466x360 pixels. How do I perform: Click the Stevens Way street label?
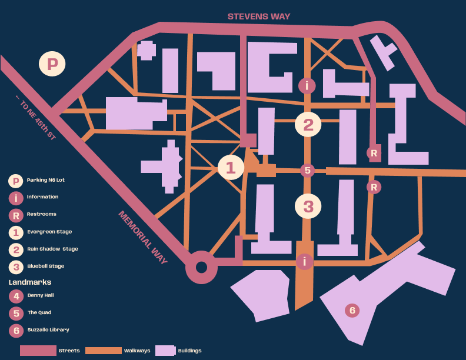pyautogui.click(x=259, y=16)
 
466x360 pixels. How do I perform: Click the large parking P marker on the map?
pyautogui.click(x=52, y=64)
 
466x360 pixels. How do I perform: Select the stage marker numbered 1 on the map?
pyautogui.click(x=231, y=168)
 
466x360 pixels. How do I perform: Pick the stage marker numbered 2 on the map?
pyautogui.click(x=308, y=125)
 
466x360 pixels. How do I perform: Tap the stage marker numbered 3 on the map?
pyautogui.click(x=308, y=206)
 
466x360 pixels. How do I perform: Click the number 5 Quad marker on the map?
pyautogui.click(x=307, y=171)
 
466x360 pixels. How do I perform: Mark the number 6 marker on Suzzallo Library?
pyautogui.click(x=352, y=310)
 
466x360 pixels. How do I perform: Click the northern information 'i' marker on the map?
pyautogui.click(x=307, y=85)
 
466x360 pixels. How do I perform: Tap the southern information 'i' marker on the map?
pyautogui.click(x=304, y=261)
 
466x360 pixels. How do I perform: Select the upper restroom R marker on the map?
pyautogui.click(x=374, y=153)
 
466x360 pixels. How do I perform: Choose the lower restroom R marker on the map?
pyautogui.click(x=374, y=187)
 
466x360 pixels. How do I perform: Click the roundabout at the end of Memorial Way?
pyautogui.click(x=201, y=268)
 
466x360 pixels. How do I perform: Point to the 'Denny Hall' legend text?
pyautogui.click(x=41, y=295)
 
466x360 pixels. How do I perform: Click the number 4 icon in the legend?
pyautogui.click(x=16, y=296)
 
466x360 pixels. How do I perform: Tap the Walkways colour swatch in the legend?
pyautogui.click(x=103, y=351)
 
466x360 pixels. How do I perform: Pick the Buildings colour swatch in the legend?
pyautogui.click(x=165, y=351)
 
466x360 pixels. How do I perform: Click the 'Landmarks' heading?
pyautogui.click(x=30, y=282)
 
